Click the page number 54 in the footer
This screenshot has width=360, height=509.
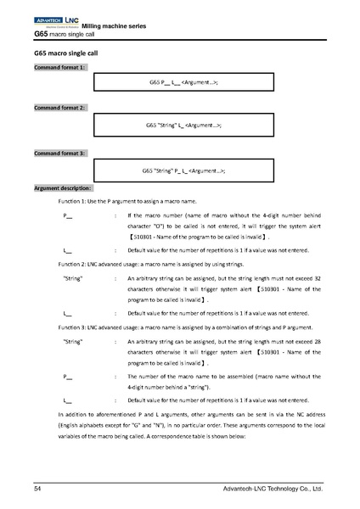(38, 489)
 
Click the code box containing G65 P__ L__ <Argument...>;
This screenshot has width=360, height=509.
(183, 82)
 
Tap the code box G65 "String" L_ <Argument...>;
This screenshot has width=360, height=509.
(183, 126)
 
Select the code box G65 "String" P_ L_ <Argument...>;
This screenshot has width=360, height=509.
(183, 170)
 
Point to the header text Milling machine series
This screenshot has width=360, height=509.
(114, 27)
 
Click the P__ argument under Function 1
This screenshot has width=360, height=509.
(68, 216)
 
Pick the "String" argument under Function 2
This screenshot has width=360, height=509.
(73, 277)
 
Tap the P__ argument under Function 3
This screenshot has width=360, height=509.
(68, 375)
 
